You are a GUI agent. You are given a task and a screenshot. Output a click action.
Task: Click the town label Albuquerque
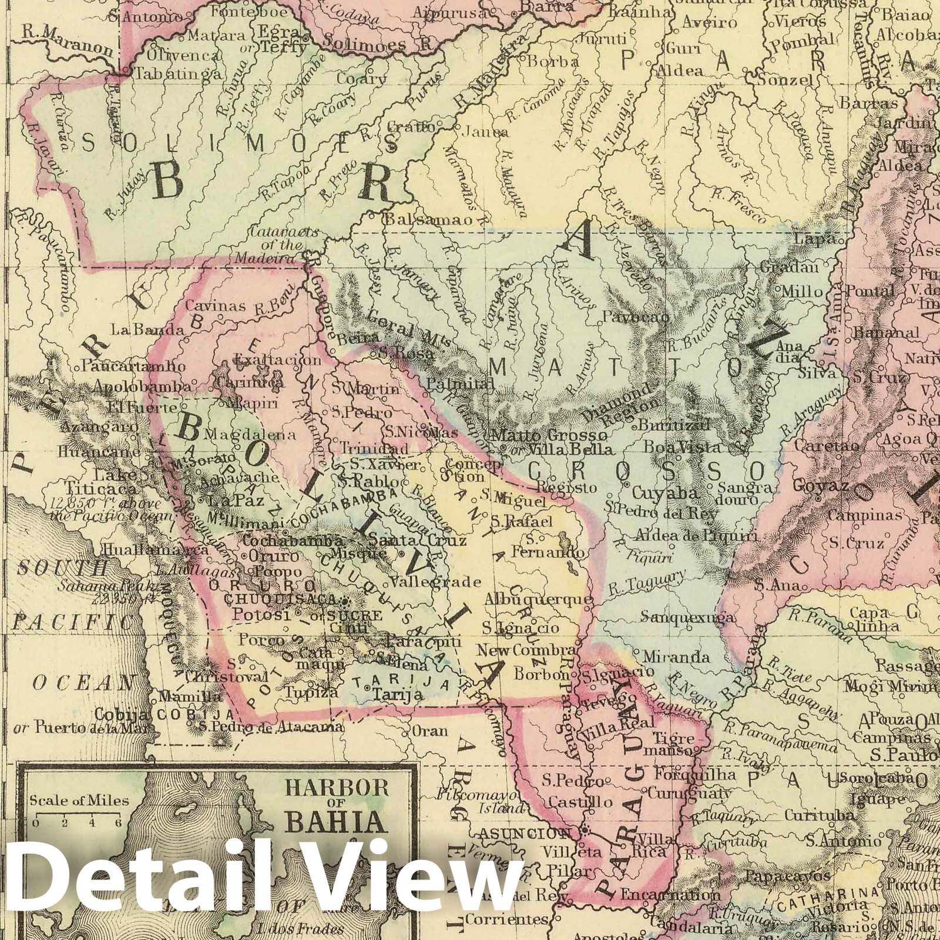click(x=538, y=599)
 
